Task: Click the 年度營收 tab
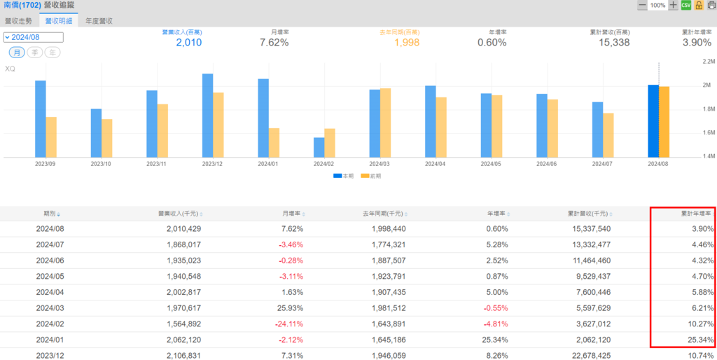(x=98, y=21)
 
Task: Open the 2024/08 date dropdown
(x=34, y=38)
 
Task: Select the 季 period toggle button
(x=34, y=53)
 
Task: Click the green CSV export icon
(x=686, y=5)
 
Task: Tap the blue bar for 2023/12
(x=208, y=116)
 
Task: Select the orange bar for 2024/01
(x=274, y=142)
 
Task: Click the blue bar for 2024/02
(x=319, y=147)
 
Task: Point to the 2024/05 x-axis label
(x=492, y=163)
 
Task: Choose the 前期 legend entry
(x=375, y=176)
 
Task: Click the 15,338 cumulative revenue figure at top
(x=615, y=43)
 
